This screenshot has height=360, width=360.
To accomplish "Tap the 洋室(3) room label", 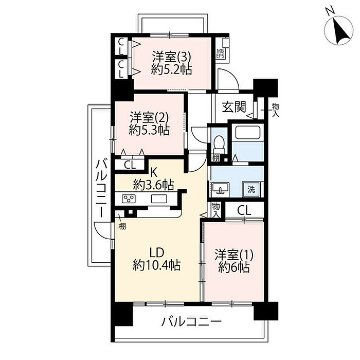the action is (x=171, y=57).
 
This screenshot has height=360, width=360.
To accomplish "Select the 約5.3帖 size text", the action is (x=149, y=130).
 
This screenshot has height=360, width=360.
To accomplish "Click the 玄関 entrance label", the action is (x=234, y=106).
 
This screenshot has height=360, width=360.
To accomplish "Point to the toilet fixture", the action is (x=219, y=143).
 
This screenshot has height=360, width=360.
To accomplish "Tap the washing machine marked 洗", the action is (x=251, y=190).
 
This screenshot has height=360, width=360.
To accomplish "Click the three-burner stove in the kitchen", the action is (x=129, y=199).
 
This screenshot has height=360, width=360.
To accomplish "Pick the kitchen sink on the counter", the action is (x=159, y=199).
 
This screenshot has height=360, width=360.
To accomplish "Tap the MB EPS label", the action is (x=221, y=53).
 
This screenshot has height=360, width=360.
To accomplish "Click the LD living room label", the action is (x=157, y=253).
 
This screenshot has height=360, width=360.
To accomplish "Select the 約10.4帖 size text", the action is (x=157, y=265).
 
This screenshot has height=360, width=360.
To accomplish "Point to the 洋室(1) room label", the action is (x=234, y=255).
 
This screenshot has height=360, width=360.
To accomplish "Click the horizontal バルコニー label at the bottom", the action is (x=191, y=321).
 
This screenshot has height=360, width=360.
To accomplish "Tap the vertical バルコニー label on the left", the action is (x=101, y=188).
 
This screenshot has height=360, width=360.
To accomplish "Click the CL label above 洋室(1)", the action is (x=244, y=210).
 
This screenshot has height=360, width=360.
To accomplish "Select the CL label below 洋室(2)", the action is (x=130, y=165).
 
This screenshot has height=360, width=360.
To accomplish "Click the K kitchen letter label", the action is (x=154, y=172).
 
